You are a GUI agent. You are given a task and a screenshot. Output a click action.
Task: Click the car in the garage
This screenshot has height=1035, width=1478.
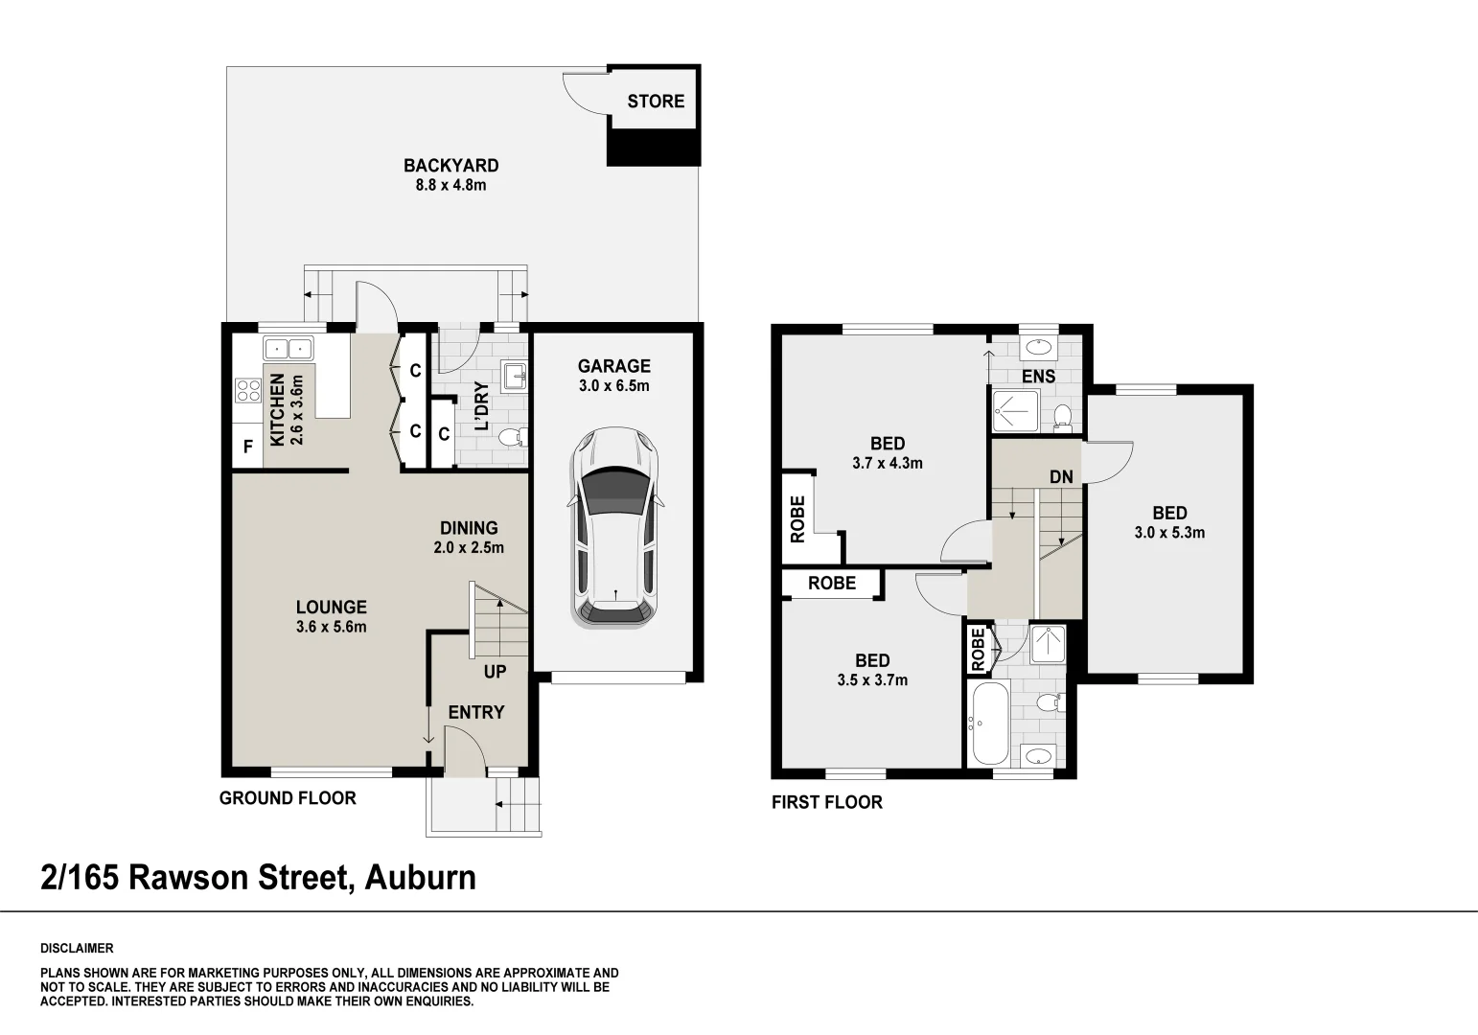tap(614, 527)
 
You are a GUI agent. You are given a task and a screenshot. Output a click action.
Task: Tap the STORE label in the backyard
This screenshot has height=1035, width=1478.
tap(656, 102)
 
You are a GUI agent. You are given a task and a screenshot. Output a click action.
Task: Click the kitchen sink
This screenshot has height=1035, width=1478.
tap(288, 349)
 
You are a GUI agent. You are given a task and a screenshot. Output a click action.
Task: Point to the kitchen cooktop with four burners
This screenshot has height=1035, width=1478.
tap(248, 390)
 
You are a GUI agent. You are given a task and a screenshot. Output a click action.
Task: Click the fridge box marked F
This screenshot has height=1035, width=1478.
tap(247, 447)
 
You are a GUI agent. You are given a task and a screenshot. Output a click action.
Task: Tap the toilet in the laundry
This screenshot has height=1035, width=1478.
tap(515, 438)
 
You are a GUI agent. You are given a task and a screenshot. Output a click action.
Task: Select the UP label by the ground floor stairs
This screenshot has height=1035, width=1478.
tap(495, 672)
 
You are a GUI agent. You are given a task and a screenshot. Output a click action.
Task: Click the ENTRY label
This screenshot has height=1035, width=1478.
tap(475, 712)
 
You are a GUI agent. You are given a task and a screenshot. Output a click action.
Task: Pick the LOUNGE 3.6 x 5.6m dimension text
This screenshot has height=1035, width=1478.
tap(331, 628)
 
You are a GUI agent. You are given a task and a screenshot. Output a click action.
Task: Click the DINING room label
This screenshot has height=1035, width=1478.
tap(469, 528)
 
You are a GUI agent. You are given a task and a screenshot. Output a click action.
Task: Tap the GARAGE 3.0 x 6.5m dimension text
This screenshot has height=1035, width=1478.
tap(613, 386)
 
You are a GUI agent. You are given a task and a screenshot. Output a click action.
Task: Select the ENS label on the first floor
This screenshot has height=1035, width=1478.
tap(1038, 377)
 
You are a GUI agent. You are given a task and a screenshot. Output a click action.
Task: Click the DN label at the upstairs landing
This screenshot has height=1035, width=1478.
tap(1061, 476)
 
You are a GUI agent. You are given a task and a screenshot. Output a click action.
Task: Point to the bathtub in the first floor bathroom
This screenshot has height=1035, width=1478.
tap(987, 724)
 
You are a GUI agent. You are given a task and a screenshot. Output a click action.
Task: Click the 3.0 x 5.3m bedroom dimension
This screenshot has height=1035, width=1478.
tap(1169, 533)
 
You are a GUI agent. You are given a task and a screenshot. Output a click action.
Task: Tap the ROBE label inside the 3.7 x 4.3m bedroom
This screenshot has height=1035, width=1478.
tap(797, 519)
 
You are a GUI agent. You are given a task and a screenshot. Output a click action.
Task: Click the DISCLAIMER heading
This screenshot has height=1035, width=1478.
tap(77, 949)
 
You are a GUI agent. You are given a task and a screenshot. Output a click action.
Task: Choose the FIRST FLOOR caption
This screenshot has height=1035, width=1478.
tap(826, 802)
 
